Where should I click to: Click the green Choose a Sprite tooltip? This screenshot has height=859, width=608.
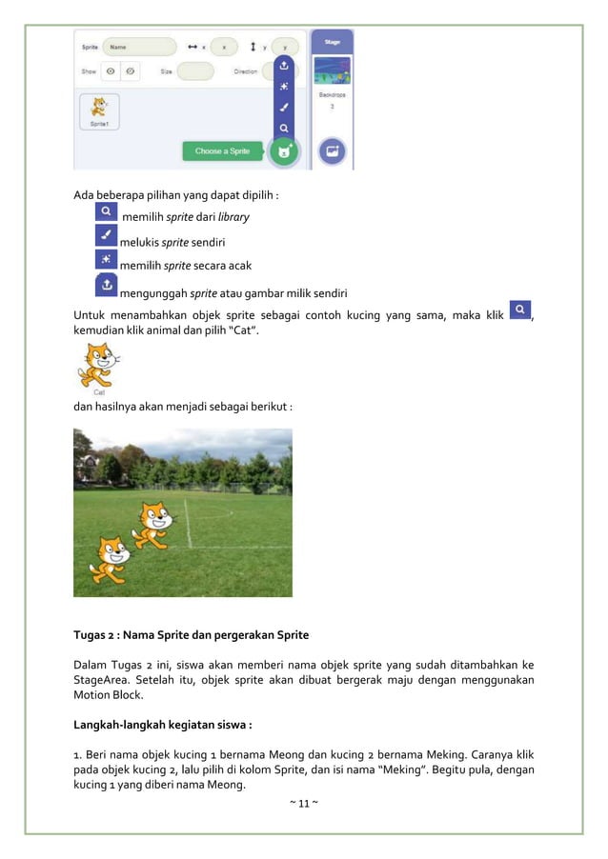click(x=222, y=151)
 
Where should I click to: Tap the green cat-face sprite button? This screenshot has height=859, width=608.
click(x=283, y=151)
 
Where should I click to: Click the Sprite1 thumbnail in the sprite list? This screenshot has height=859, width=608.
click(x=99, y=111)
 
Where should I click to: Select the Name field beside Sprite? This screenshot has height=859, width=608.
click(x=139, y=46)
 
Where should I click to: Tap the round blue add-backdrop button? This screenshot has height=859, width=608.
click(x=333, y=151)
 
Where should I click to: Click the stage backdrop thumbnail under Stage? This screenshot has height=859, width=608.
click(x=333, y=70)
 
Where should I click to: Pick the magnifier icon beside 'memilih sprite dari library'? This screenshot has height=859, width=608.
click(x=107, y=210)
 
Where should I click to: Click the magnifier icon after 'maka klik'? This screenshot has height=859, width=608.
click(x=519, y=310)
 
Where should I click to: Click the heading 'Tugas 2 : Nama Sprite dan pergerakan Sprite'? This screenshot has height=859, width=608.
click(x=191, y=634)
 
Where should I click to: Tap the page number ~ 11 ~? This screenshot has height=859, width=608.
click(x=303, y=805)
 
